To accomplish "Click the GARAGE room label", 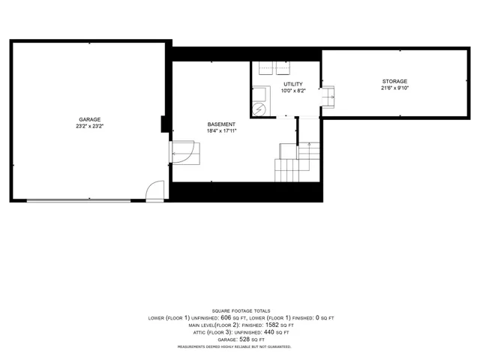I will pyautogui.click(x=90, y=119).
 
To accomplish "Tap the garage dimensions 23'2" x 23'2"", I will pyautogui.click(x=90, y=126).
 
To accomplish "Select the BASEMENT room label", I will pyautogui.click(x=221, y=124).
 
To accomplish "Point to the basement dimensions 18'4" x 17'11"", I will pyautogui.click(x=221, y=130).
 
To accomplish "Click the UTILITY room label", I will pyautogui.click(x=292, y=84).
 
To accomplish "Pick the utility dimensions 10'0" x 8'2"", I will pyautogui.click(x=292, y=91).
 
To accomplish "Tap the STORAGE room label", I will pyautogui.click(x=394, y=81).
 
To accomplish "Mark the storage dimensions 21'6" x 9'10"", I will pyautogui.click(x=394, y=88).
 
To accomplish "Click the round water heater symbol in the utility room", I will pyautogui.click(x=259, y=109).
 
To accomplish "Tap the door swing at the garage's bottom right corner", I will pyautogui.click(x=155, y=191).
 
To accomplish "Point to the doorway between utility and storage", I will pyautogui.click(x=328, y=96).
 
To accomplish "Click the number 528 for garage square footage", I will pyautogui.click(x=244, y=339).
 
